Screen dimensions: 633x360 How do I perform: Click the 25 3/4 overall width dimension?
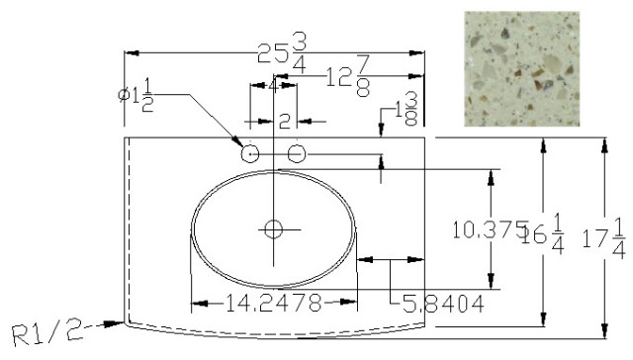[x=283, y=52]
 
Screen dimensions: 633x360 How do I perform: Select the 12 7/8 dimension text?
[x=347, y=76]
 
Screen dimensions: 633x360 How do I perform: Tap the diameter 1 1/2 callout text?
[x=136, y=95]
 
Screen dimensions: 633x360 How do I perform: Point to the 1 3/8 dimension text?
[x=406, y=109]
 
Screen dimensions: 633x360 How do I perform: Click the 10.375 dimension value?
[x=491, y=229]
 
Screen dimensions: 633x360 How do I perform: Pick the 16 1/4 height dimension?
[x=543, y=234]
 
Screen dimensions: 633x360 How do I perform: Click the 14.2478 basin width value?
[x=273, y=303]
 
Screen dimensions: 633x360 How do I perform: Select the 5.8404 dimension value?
[x=443, y=304]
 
